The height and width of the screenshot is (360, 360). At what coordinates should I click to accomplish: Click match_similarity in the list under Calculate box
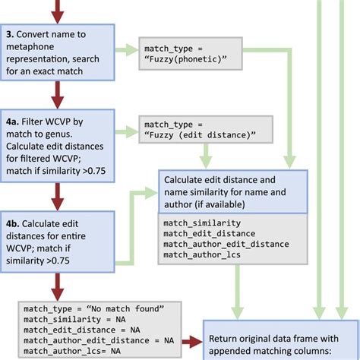pos(202,223)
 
